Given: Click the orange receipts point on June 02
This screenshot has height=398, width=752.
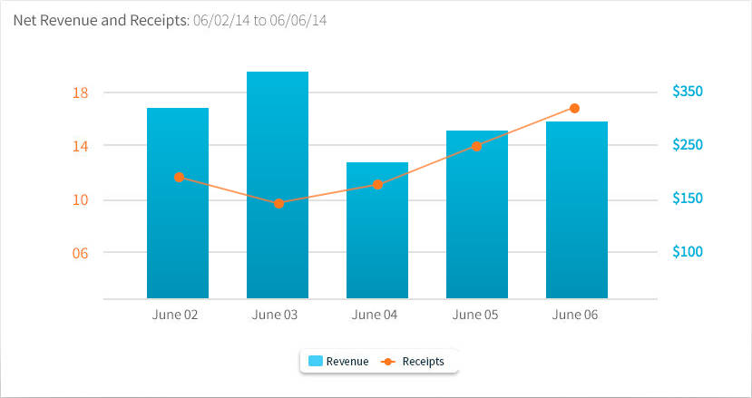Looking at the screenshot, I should [x=179, y=177].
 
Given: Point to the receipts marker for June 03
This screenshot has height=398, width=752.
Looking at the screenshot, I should [x=278, y=203].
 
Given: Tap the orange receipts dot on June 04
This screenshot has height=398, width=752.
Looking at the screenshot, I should [x=378, y=184].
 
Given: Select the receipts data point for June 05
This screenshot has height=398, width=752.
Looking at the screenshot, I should [x=476, y=146].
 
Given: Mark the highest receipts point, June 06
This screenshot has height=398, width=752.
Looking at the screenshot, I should [x=574, y=108].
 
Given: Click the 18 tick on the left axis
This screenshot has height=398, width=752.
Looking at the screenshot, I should [x=80, y=92].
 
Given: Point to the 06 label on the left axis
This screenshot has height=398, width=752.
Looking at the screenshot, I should [x=80, y=253].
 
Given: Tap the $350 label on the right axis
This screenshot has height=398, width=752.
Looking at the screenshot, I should [x=688, y=92].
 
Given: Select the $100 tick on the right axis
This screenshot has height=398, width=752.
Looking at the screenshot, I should [x=688, y=252].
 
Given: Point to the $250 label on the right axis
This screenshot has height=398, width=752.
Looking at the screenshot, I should [x=688, y=145].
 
